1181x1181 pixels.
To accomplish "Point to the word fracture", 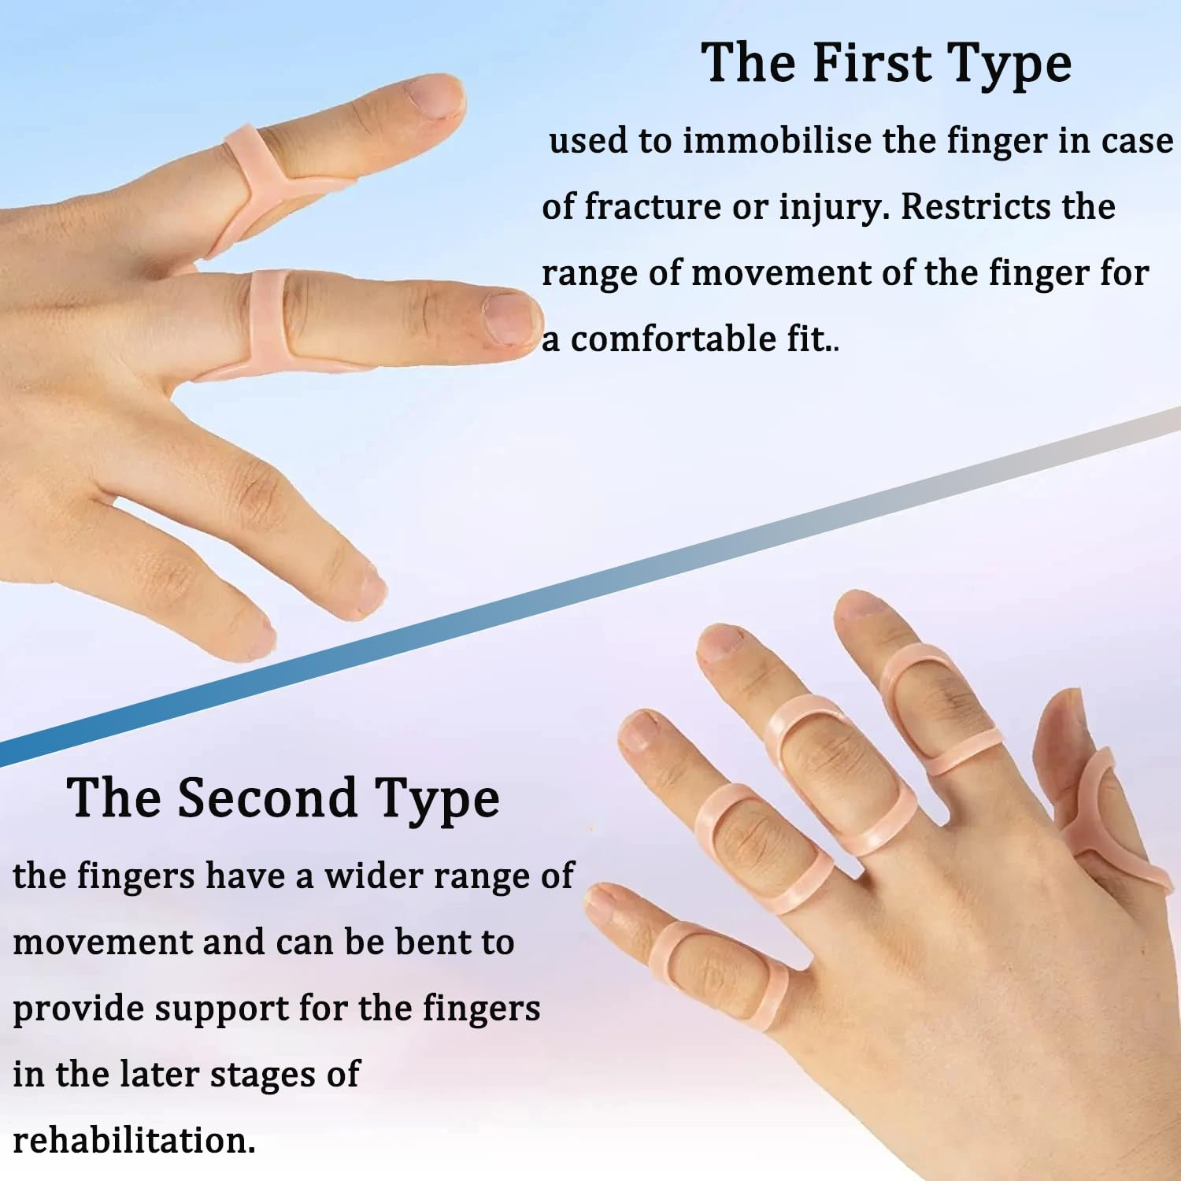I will coord(652,207).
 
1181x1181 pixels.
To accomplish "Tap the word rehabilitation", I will coord(134,1141).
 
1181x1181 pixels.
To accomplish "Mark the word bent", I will coord(428,942).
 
